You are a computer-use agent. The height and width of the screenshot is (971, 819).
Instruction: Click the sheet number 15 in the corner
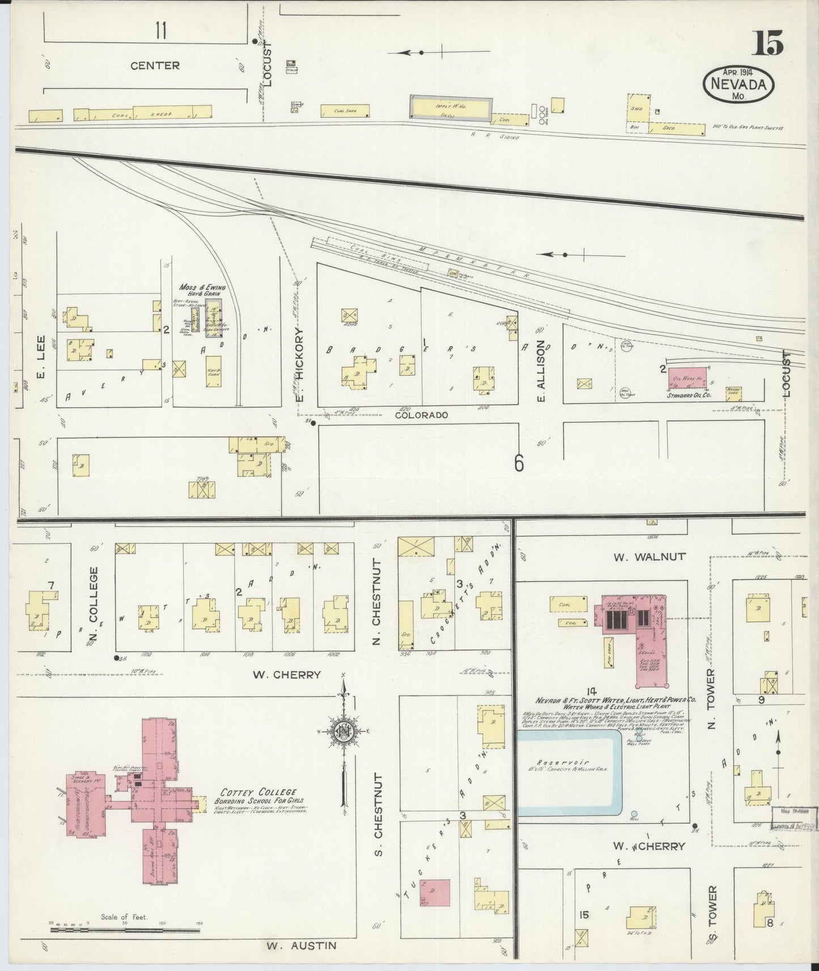coord(767,43)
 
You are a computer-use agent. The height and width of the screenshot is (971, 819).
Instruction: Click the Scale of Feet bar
coord(125,929)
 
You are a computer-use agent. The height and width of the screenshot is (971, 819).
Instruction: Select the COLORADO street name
coord(421,415)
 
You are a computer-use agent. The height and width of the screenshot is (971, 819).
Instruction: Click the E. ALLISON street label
coord(541,371)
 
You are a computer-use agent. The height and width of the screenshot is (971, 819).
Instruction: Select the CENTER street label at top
coord(155,66)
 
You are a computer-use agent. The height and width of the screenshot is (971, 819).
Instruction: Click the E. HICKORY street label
coord(300,367)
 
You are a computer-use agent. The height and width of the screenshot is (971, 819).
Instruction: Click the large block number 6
coord(519,463)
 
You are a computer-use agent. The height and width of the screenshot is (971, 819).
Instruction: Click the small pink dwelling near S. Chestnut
coord(435,893)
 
